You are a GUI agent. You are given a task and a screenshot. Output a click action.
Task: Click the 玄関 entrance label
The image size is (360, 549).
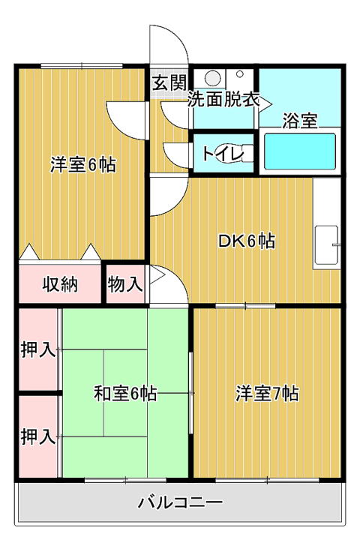[x=169, y=83]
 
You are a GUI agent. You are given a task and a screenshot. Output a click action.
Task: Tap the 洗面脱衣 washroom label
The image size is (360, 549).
[x=223, y=100]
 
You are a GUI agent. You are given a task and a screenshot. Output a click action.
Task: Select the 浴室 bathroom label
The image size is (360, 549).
[x=300, y=121]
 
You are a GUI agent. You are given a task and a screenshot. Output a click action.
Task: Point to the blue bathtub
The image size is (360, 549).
[x=299, y=151]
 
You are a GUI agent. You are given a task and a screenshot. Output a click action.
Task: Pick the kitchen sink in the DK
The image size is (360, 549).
[x=326, y=244]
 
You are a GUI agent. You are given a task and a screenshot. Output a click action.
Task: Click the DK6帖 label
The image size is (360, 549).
[x=247, y=241]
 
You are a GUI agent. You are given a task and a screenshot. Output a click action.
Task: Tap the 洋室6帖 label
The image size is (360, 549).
[x=83, y=164]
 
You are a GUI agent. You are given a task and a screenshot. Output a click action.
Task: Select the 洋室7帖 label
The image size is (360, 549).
[x=267, y=394]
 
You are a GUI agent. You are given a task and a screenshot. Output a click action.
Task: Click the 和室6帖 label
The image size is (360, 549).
[x=125, y=394]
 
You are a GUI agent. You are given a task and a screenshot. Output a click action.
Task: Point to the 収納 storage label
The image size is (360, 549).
[x=60, y=284]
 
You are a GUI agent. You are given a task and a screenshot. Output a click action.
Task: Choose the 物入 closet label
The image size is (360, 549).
[x=125, y=283]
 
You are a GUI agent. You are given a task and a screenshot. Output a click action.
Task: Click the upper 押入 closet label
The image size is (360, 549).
[x=38, y=349]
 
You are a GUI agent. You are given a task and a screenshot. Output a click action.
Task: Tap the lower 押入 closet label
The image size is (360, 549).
[x=38, y=436]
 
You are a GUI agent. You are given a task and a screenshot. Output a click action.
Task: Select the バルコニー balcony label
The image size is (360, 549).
[x=180, y=502]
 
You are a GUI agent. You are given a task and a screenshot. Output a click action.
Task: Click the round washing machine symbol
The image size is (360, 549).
[x=212, y=78]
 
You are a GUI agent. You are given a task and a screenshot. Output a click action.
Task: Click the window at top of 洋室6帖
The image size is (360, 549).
[x=82, y=65]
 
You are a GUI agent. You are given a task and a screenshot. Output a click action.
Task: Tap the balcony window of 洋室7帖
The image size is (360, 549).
[x=267, y=480]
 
